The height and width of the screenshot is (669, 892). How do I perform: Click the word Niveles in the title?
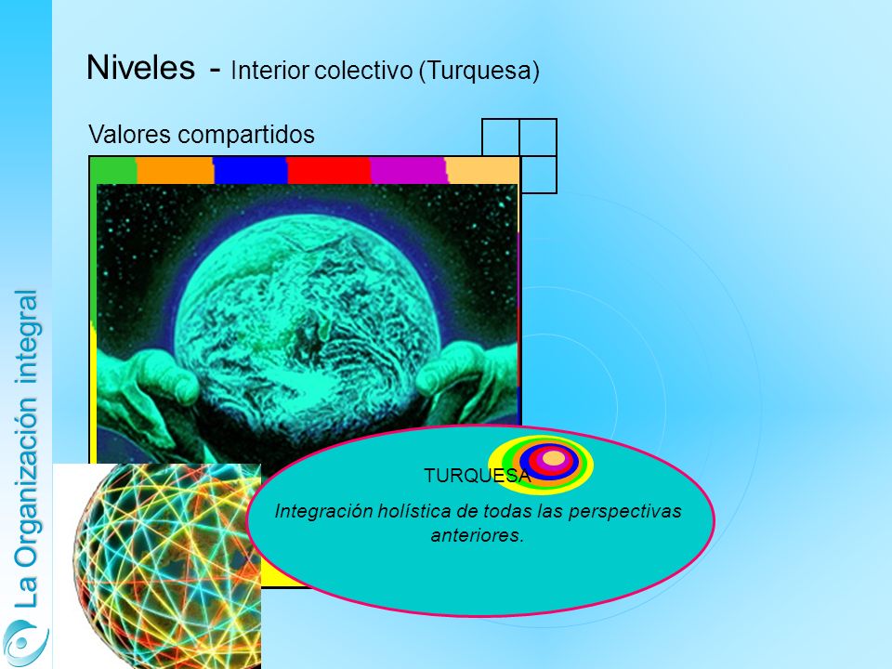coord(140,67)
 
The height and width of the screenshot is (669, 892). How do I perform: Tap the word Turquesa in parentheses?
coord(479,71)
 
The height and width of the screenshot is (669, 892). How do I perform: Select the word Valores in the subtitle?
coord(130,134)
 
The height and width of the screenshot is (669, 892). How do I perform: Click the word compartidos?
coord(246,136)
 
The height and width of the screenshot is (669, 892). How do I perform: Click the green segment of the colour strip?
coord(113,170)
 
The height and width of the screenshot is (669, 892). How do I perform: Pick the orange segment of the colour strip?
coord(176,170)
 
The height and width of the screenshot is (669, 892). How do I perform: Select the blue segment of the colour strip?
coord(250,170)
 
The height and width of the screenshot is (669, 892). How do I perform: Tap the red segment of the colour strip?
coord(329,170)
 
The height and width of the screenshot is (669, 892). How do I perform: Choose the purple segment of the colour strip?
coord(409,170)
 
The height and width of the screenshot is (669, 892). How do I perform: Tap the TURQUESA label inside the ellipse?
coord(477,476)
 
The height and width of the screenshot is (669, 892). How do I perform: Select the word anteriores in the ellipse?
coord(477,536)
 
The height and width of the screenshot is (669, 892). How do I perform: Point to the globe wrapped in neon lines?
coord(167,566)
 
